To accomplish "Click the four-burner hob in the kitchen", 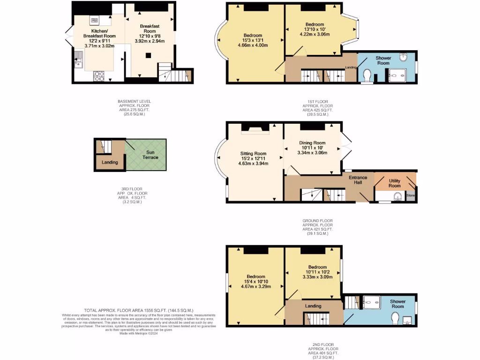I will click(99, 76).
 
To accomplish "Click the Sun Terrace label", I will click(150, 155).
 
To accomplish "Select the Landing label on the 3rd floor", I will click(110, 163).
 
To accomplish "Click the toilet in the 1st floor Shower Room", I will click(367, 75).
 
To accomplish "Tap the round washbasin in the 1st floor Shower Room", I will click(403, 58).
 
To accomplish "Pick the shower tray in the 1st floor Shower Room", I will click(397, 75).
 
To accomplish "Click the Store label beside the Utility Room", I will click(411, 195).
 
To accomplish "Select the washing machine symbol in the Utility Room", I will click(397, 196).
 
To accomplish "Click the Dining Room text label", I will click(312, 143).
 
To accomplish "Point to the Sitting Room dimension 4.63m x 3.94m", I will click(253, 164).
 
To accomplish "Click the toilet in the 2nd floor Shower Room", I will click(395, 319).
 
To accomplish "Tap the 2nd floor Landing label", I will click(313, 306).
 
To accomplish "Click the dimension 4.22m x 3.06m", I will click(315, 34).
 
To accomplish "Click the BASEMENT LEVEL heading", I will click(134, 101).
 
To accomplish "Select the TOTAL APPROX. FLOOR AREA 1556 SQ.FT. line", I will click(138, 310).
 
